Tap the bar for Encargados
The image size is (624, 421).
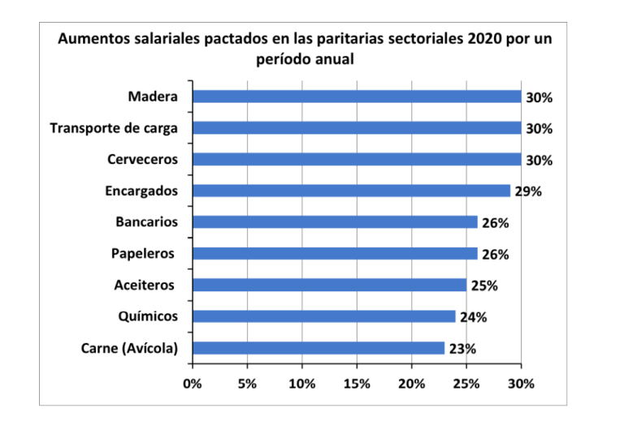[351, 191]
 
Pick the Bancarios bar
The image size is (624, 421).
[335, 222]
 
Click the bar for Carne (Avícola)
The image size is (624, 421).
[318, 348]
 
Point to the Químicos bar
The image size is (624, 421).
[323, 316]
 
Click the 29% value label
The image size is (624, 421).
[528, 191]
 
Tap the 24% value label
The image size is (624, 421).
[473, 317]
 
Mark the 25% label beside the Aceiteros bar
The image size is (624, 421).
[484, 286]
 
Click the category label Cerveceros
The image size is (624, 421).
[142, 160]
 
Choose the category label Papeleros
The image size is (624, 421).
[143, 254]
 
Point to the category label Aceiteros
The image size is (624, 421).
[144, 286]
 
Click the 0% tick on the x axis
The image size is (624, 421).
[193, 383]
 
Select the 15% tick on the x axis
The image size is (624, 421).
[357, 383]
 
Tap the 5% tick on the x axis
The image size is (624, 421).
[247, 383]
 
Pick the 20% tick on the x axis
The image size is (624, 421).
[412, 383]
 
